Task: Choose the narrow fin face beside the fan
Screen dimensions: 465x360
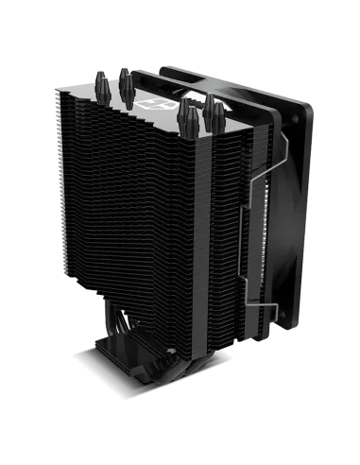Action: pyautogui.click(x=222, y=217)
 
